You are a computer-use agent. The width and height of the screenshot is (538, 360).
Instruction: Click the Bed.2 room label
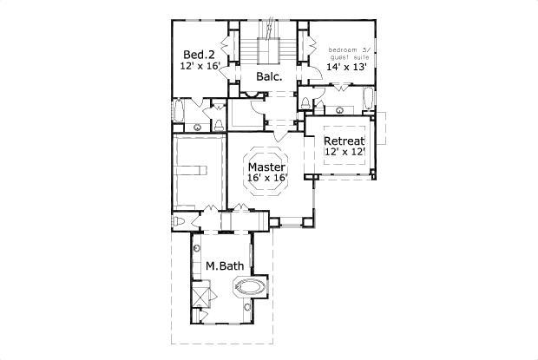199,55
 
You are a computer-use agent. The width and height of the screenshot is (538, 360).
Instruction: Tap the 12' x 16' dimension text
200,66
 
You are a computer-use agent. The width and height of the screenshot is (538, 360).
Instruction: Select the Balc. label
269,76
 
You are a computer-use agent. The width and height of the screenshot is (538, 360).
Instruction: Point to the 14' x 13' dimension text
347,67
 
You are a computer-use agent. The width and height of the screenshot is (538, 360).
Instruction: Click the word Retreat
344,141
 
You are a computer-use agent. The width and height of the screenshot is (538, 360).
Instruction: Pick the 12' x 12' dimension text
344,152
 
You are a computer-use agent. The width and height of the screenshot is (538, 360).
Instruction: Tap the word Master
266,167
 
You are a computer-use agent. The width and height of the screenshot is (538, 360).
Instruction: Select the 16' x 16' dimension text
267,178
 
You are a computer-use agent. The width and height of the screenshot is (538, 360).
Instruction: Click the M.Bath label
225,265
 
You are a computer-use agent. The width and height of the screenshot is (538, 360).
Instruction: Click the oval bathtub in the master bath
250,286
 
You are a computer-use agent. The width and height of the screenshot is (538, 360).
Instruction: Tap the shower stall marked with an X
200,297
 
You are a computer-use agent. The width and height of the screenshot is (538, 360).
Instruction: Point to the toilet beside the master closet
179,220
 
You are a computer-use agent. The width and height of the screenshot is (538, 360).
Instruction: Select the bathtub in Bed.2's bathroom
179,110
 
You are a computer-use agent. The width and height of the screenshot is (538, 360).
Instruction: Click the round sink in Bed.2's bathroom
197,128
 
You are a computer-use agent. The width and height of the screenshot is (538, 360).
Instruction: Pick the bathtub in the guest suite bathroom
368,99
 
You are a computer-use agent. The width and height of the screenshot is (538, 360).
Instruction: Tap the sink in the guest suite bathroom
340,110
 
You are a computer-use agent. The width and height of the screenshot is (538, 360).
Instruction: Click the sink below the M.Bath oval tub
247,307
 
